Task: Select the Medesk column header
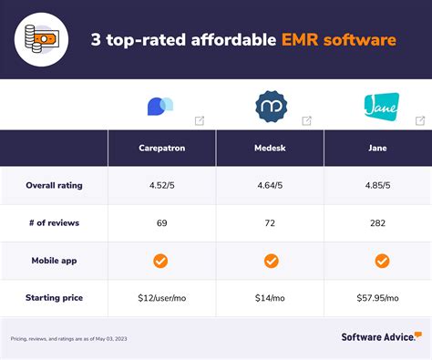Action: coord(271,148)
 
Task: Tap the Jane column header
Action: coord(377,148)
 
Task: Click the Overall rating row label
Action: coord(54,185)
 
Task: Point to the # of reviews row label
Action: coord(54,222)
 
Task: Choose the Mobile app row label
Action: coord(54,261)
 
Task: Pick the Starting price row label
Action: coord(54,298)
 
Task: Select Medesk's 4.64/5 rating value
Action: coord(271,185)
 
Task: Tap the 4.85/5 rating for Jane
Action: coord(377,185)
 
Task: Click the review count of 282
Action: coord(377,222)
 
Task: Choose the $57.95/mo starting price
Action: coord(377,298)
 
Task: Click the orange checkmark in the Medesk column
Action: coord(271,261)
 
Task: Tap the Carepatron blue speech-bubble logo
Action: coord(159,106)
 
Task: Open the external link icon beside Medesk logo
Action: coord(307,120)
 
